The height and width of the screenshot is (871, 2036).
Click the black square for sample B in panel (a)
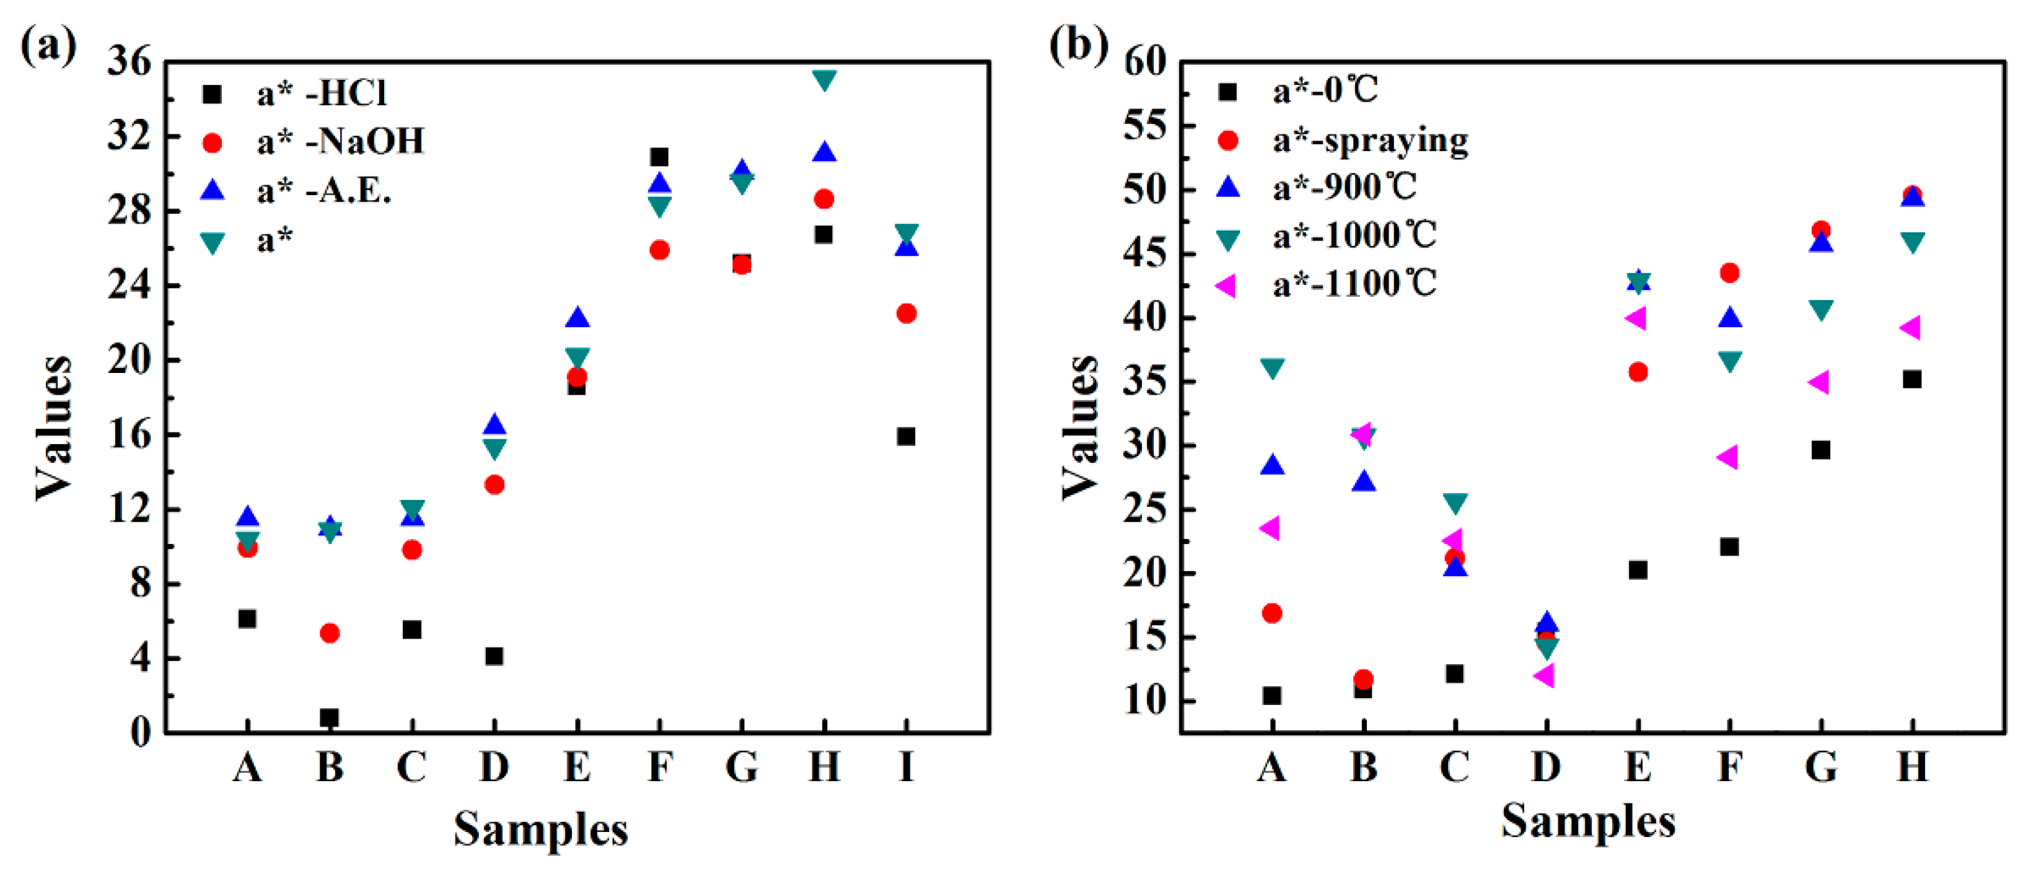click(329, 717)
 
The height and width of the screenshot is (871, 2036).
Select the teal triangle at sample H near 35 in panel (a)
click(823, 80)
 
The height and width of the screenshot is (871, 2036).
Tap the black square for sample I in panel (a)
click(906, 436)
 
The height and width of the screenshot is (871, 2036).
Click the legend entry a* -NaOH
click(340, 141)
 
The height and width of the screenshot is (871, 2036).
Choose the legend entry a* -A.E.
click(324, 190)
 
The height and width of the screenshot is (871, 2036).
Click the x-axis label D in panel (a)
click(494, 766)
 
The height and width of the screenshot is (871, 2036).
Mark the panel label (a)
click(48, 46)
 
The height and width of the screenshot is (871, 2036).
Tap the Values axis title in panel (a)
click(54, 427)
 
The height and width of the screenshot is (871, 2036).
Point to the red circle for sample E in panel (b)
click(1638, 372)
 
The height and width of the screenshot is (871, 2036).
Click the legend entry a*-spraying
click(1370, 140)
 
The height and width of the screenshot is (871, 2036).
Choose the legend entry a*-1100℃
click(1353, 284)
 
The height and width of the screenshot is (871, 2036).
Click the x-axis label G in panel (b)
click(1821, 766)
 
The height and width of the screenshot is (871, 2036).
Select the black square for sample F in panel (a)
click(659, 157)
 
